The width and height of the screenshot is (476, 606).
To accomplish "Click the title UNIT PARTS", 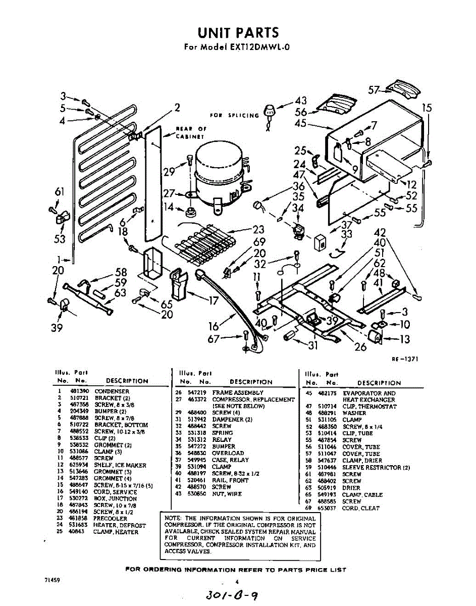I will [238, 33].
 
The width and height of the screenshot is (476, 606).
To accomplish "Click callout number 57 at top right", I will [374, 90].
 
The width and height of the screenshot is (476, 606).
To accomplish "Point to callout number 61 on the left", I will [60, 192].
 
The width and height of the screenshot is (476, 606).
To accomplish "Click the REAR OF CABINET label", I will [190, 132].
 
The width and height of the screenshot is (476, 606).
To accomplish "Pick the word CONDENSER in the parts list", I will [112, 391].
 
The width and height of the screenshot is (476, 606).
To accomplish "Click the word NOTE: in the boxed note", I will [174, 518].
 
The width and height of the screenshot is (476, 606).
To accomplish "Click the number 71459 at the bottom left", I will [52, 580].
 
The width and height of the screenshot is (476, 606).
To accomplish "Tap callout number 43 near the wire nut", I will [301, 100].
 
